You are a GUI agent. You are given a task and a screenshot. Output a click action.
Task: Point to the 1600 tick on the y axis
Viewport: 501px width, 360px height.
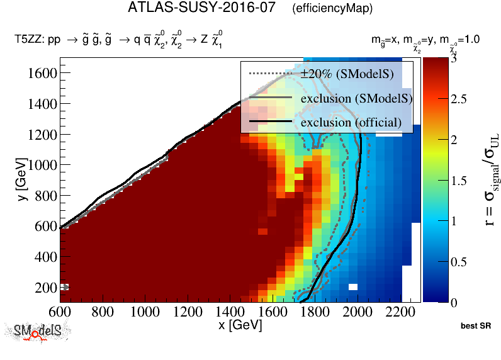(x=41, y=74)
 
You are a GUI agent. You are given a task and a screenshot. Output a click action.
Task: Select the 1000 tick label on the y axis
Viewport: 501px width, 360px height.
(x=41, y=165)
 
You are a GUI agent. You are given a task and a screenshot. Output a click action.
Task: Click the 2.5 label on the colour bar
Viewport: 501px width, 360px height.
(x=459, y=99)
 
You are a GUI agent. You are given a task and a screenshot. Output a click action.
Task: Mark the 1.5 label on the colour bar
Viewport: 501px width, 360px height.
(x=459, y=180)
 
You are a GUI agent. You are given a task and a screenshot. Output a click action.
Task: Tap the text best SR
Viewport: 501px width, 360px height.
(x=475, y=327)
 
